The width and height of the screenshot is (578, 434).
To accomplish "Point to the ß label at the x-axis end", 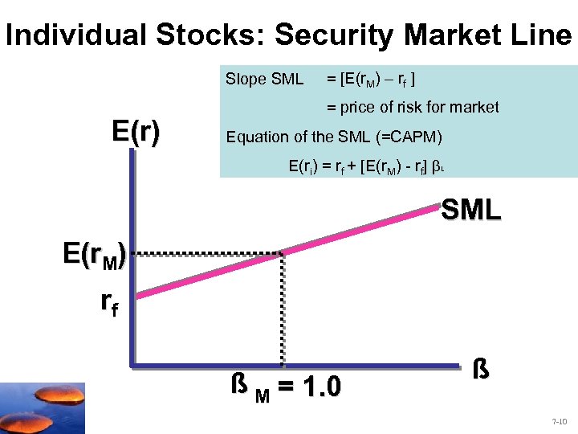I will click(x=478, y=372).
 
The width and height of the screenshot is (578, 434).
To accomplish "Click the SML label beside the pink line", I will click(x=471, y=211).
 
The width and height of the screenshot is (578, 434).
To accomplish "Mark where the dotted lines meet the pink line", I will click(x=282, y=254).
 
